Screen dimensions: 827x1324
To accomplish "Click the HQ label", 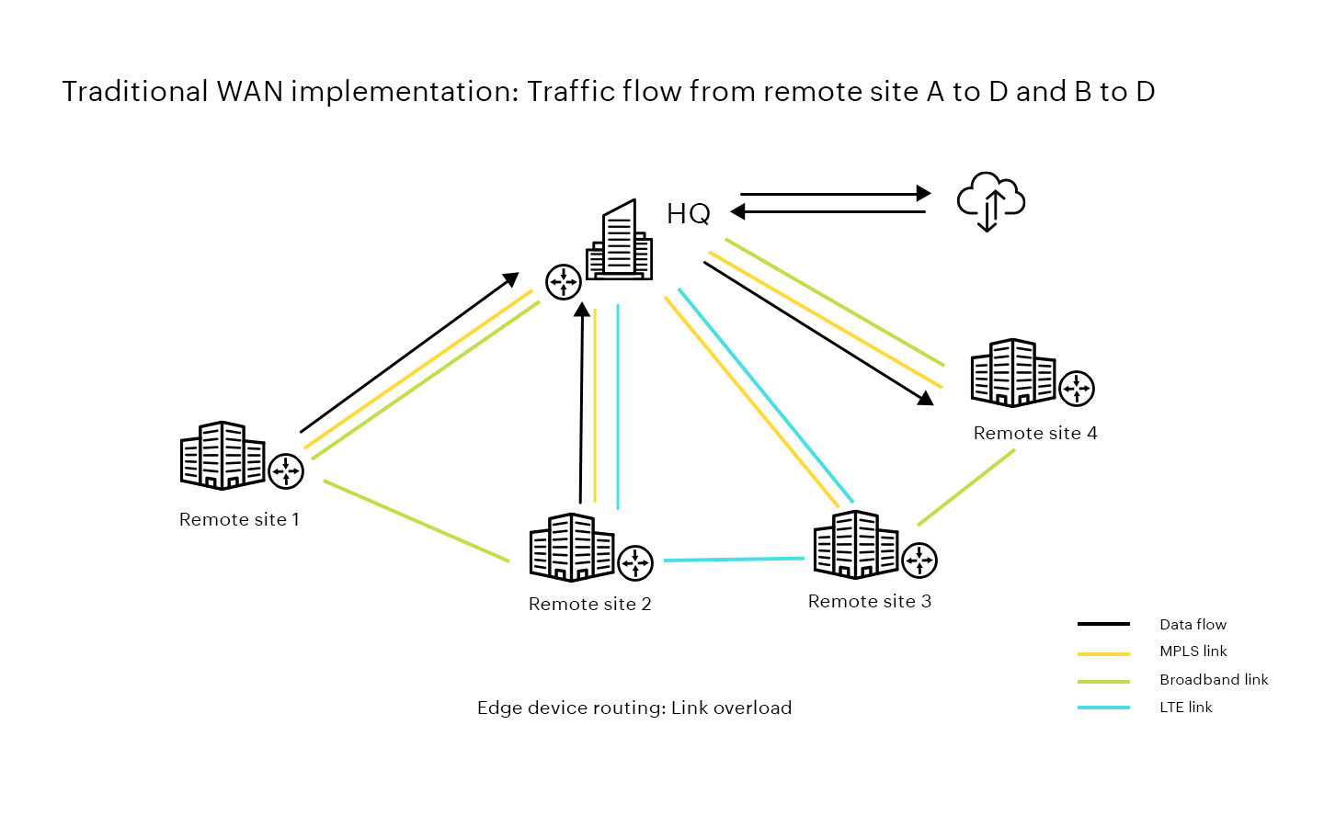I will pyautogui.click(x=688, y=214).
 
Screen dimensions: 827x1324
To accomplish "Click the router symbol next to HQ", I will pyautogui.click(x=564, y=281).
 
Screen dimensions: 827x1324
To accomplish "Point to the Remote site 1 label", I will pyautogui.click(x=239, y=519).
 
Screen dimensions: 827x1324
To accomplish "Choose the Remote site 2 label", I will pyautogui.click(x=589, y=604).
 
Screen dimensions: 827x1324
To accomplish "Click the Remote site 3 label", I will pyautogui.click(x=869, y=601).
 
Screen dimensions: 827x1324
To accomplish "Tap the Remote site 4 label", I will pyautogui.click(x=1034, y=433).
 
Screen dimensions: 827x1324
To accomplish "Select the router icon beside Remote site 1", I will pyautogui.click(x=286, y=470).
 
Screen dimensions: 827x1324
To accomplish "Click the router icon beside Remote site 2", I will pyautogui.click(x=635, y=562).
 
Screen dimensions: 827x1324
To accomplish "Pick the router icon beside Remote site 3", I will pyautogui.click(x=919, y=560).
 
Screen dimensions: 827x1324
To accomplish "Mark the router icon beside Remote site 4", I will pyautogui.click(x=1077, y=388).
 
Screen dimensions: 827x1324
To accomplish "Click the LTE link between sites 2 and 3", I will pyautogui.click(x=734, y=559).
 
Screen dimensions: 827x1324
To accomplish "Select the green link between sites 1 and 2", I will pyautogui.click(x=416, y=520).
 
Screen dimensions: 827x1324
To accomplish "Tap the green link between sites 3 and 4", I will pyautogui.click(x=965, y=488).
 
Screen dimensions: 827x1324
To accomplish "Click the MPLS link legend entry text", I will pyautogui.click(x=1193, y=651).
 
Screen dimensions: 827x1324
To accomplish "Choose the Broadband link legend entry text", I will pyautogui.click(x=1213, y=680).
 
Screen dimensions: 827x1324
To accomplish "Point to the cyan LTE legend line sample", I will pyautogui.click(x=1103, y=708).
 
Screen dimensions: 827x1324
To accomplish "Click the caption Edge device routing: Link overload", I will pyautogui.click(x=633, y=708).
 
